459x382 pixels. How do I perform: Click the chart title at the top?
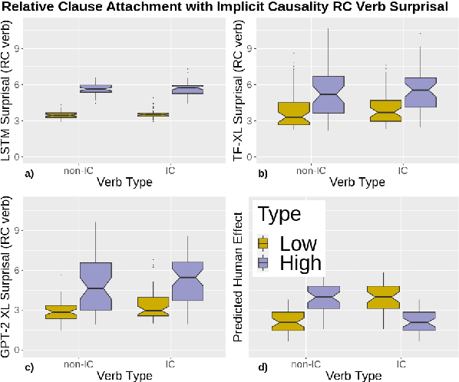pos(229,8)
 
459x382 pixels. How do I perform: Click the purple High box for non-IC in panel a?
pos(95,89)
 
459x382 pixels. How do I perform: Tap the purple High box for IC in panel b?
pos(420,92)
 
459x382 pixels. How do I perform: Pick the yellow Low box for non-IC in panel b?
pos(294,113)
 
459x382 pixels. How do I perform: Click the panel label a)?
pos(29,173)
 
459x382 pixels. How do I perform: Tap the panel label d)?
pos(263,366)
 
